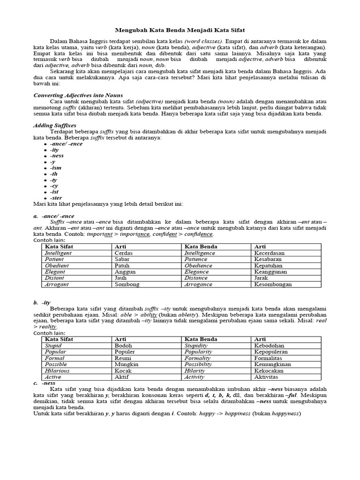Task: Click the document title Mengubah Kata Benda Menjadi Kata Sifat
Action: (180, 30)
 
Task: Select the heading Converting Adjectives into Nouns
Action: (78, 95)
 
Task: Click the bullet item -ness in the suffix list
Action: (57, 156)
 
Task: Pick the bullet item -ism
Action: (55, 167)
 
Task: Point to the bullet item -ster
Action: (56, 197)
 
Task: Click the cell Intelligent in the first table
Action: (58, 253)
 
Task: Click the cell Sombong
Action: (127, 284)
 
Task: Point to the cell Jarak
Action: (262, 278)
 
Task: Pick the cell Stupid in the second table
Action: (53, 345)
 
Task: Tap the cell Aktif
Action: (123, 377)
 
